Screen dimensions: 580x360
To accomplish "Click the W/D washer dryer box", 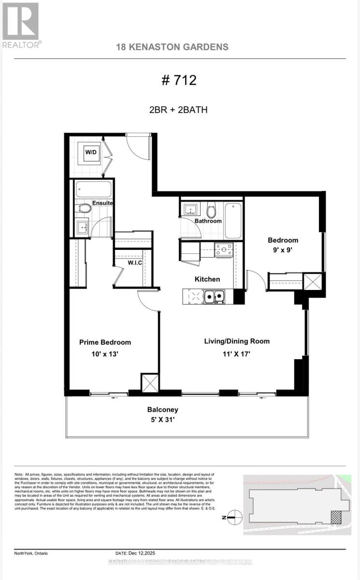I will (91, 152).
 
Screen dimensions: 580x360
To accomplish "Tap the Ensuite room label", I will (103, 203).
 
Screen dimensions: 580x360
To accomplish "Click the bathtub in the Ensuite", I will (94, 188).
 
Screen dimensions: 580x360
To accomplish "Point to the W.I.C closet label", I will (134, 263).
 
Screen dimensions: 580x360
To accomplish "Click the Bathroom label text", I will (208, 221).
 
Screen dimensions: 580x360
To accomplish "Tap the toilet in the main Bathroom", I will (211, 211).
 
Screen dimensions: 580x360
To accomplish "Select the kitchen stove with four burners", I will (224, 249).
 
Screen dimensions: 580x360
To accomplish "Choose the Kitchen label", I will (207, 279).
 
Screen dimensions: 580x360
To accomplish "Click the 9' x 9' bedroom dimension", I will (283, 250).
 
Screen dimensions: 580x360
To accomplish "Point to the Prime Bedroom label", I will (105, 342).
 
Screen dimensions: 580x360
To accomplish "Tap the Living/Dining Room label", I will (236, 341).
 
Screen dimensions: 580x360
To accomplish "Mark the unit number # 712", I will (179, 80).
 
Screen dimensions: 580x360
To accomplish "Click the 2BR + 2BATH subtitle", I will (179, 109).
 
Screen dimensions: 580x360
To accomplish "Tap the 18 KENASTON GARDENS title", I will (173, 47).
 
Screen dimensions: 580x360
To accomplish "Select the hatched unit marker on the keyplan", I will (335, 518).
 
